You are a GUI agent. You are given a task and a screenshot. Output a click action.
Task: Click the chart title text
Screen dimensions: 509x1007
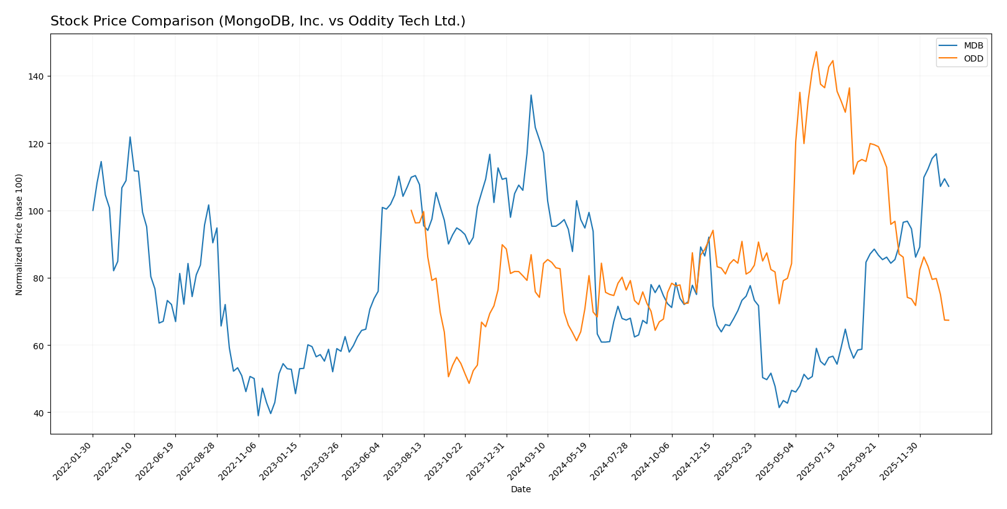coord(257,21)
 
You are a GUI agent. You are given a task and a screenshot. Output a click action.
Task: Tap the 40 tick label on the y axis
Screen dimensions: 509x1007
coord(40,413)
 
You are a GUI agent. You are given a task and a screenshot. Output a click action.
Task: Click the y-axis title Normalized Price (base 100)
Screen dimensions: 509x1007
coord(19,234)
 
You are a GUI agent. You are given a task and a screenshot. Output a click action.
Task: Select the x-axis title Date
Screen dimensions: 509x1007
coord(520,489)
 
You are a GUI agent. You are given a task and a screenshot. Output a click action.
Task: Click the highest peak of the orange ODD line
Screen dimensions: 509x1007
coord(816,52)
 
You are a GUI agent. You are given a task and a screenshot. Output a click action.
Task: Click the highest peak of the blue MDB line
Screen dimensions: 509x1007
coord(531,95)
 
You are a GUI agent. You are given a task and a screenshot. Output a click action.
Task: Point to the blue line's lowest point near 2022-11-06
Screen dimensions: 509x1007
coord(258,416)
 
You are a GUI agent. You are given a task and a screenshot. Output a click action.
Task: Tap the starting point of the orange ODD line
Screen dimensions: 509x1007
coord(411,210)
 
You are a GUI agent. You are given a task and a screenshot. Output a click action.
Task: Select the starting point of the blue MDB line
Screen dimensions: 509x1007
coord(93,211)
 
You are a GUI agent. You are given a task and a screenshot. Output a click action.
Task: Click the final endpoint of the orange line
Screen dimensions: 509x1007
coord(949,320)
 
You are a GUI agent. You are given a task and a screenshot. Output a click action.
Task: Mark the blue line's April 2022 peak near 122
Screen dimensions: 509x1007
coord(130,137)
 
